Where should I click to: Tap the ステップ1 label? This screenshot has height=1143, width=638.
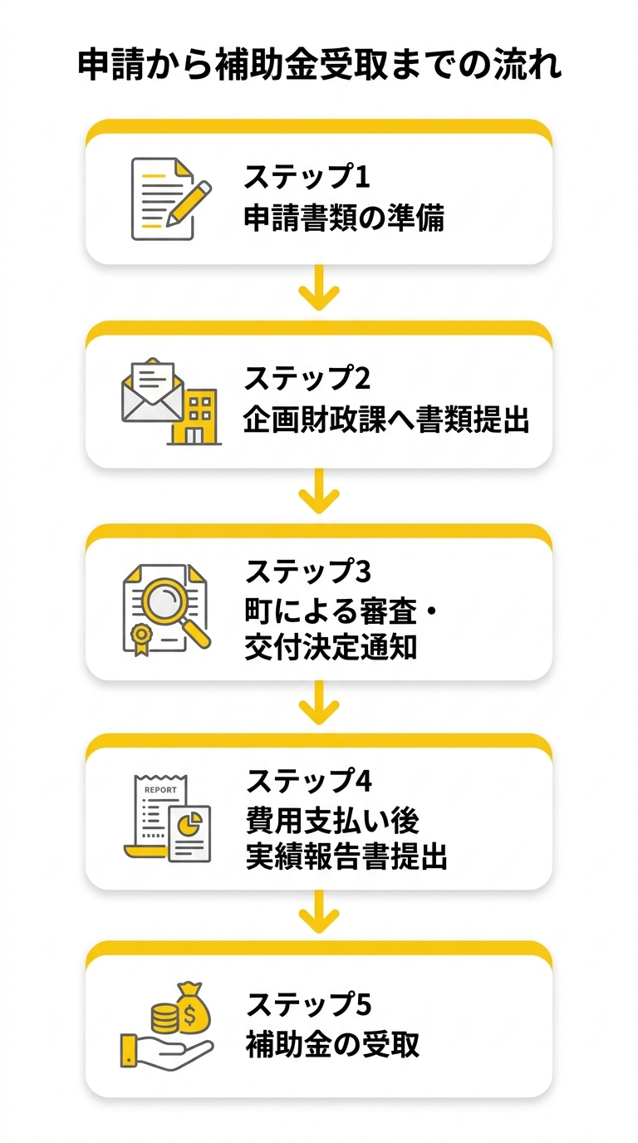(x=306, y=177)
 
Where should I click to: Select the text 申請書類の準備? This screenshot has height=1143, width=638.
(x=343, y=218)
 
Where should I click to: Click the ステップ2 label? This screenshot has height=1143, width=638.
(x=307, y=379)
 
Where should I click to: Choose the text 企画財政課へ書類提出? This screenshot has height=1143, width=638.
(x=386, y=419)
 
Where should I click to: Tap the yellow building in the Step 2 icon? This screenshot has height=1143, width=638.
(x=194, y=416)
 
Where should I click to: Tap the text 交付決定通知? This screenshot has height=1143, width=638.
(x=331, y=648)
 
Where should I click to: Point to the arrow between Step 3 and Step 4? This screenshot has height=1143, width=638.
(x=319, y=705)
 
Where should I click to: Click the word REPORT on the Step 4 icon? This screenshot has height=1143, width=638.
(x=160, y=790)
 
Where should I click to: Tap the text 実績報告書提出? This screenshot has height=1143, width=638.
(x=346, y=857)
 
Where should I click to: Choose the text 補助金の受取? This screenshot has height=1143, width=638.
(x=332, y=1044)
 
